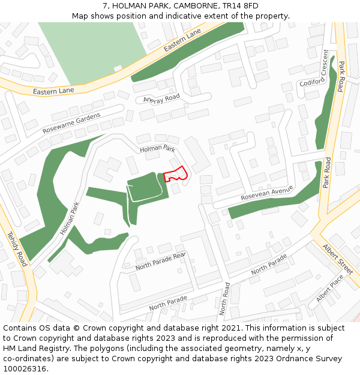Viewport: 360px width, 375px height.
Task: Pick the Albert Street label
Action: click(x=338, y=258)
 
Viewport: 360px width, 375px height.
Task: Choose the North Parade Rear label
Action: click(x=161, y=261)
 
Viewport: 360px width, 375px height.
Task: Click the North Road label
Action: click(x=223, y=299)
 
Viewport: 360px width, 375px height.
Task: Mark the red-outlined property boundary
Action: click(x=175, y=174)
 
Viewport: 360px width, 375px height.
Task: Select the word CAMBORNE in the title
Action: click(x=195, y=6)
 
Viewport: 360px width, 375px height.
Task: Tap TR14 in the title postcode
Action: click(x=232, y=6)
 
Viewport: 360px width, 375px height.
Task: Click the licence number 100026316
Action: click(x=25, y=368)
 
